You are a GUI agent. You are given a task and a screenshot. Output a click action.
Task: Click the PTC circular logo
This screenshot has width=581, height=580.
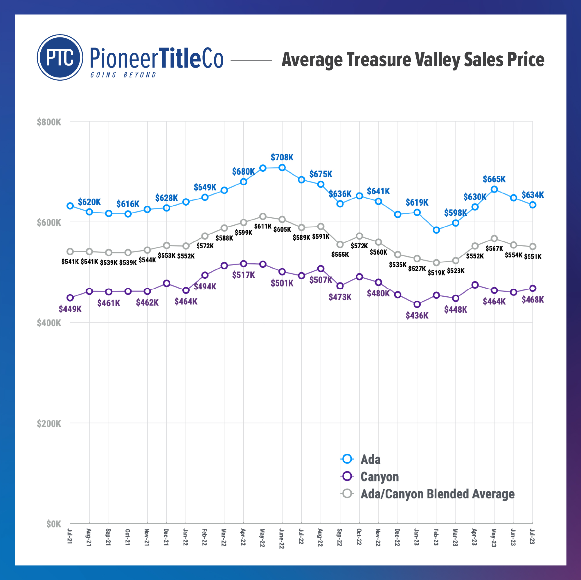[60, 57]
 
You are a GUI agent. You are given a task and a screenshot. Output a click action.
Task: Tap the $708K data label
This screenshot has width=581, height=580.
[282, 157]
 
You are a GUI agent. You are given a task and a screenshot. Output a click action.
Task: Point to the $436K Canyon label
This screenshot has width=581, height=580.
[417, 316]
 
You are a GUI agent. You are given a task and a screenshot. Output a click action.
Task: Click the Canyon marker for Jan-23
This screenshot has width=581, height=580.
[417, 304]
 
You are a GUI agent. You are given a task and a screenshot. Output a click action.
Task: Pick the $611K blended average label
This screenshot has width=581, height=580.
[262, 226]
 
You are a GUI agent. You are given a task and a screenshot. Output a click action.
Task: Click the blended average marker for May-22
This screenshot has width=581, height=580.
[263, 216]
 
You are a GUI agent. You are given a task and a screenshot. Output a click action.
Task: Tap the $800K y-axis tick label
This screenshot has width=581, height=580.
[49, 122]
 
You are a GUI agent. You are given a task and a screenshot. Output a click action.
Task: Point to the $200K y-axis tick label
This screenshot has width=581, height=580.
[49, 423]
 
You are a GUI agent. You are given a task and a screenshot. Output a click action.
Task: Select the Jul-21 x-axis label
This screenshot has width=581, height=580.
[70, 536]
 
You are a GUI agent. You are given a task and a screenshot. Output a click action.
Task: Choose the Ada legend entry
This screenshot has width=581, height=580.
[370, 459]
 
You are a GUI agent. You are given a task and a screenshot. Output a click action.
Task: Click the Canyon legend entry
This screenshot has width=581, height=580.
[379, 476]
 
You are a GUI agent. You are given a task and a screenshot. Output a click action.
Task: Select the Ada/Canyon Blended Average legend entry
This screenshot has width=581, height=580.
[437, 494]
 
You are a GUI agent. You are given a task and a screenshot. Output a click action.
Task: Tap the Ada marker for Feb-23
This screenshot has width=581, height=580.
[436, 230]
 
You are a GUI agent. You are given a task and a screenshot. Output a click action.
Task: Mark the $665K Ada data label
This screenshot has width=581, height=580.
[494, 179]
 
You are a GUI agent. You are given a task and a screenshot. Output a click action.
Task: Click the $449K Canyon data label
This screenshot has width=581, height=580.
[70, 309]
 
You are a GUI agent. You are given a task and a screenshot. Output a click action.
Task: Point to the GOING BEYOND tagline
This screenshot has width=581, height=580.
[123, 75]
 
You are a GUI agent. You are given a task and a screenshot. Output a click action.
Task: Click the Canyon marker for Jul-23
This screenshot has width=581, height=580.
[533, 288]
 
